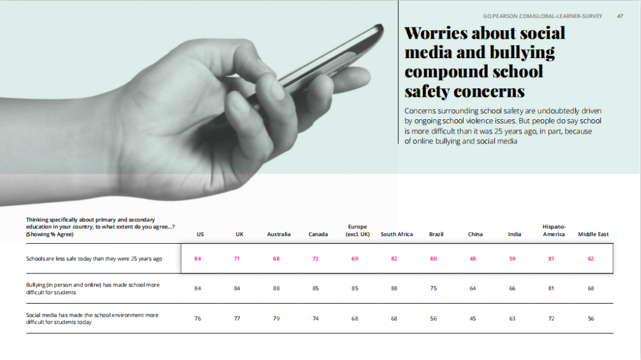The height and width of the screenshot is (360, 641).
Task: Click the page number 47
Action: [620, 16]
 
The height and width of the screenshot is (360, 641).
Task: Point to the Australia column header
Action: [278, 234]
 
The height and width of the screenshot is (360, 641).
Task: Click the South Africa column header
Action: [396, 234]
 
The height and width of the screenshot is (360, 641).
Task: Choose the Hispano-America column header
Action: [554, 230]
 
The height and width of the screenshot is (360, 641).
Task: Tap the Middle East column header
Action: [593, 234]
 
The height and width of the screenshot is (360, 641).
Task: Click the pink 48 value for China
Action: [472, 259]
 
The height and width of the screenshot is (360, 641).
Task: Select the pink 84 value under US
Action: [198, 259]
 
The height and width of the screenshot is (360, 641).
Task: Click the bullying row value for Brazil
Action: [433, 289]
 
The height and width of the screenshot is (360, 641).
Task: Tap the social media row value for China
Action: [472, 318]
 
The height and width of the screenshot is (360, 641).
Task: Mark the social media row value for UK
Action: [237, 318]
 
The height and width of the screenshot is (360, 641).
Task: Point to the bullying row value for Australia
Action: [276, 289]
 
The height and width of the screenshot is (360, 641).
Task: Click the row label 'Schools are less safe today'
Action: [94, 259]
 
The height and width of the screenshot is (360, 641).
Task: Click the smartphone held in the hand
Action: [332, 59]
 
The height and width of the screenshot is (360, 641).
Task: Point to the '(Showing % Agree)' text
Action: [50, 234]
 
